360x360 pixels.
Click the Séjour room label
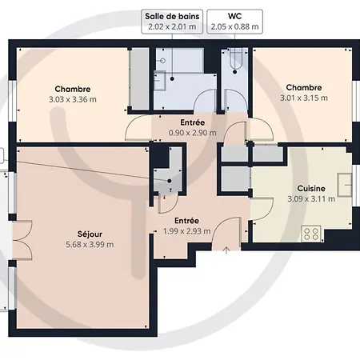[90, 234]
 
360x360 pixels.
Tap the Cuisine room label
[311, 189]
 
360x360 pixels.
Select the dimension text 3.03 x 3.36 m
[73, 99]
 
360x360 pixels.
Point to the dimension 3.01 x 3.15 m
[304, 98]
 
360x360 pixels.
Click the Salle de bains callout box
[172, 22]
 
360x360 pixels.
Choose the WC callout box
[235, 22]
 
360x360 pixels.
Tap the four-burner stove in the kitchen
[311, 234]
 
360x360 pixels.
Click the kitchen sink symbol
[345, 185]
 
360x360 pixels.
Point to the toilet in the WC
[235, 58]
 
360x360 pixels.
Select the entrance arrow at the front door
[226, 250]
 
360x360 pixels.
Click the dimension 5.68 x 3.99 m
[90, 245]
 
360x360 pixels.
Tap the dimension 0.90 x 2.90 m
[192, 133]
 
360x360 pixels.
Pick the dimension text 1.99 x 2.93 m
[186, 231]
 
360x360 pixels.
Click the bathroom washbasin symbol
[159, 81]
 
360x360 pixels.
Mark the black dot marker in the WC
[235, 72]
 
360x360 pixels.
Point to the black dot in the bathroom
[172, 78]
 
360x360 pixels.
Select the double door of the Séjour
[22, 240]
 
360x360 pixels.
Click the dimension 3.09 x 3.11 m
[311, 199]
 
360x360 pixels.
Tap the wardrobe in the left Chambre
[139, 78]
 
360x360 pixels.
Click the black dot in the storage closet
[170, 181]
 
